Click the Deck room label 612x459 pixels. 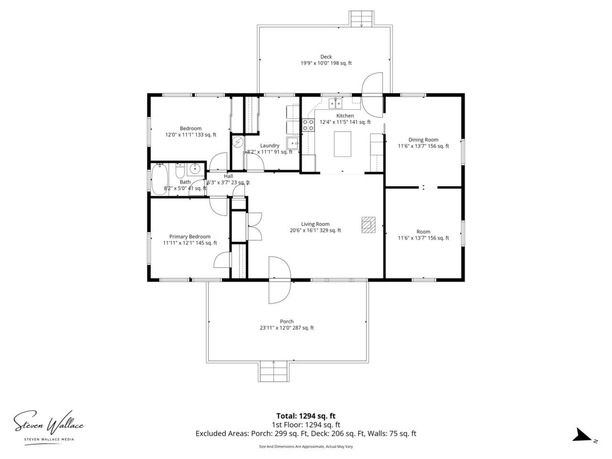(326, 57)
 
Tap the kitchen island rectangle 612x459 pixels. (342, 144)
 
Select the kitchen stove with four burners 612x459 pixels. (308, 125)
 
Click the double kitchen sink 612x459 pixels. (336, 103)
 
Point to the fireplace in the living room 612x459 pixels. (368, 225)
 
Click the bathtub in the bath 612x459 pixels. (160, 179)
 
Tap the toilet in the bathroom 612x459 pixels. (180, 171)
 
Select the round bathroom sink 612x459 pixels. (195, 169)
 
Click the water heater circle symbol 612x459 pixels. (238, 142)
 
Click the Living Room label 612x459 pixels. (315, 224)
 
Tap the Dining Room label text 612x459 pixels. (423, 140)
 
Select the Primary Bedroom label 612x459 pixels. (190, 237)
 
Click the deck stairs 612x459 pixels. (361, 19)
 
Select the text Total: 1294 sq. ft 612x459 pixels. (306, 416)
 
